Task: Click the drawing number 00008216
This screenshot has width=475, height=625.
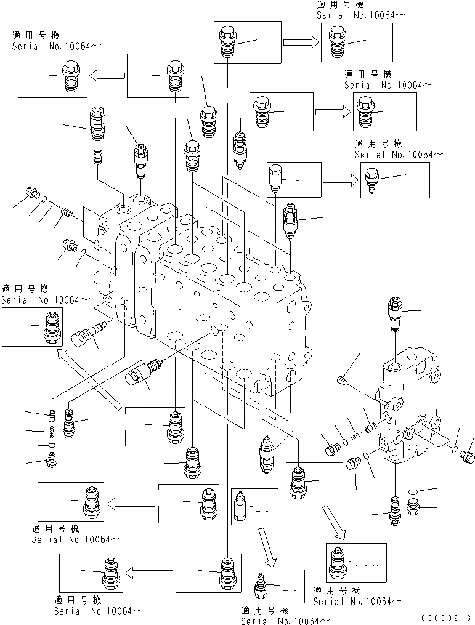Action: pyautogui.click(x=447, y=617)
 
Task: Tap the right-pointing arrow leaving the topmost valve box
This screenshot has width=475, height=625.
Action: pyautogui.click(x=300, y=42)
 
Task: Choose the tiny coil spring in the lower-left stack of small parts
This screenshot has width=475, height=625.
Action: pyautogui.click(x=53, y=430)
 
